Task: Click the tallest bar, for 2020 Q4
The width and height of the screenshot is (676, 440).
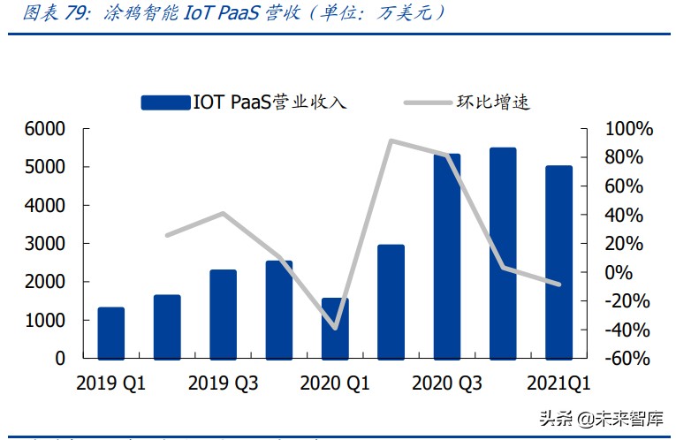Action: pos(502,254)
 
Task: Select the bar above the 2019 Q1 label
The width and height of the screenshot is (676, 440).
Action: pos(110,333)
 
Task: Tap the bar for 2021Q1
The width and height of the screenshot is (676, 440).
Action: pos(558,262)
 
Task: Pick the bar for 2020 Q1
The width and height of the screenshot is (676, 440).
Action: pos(335,329)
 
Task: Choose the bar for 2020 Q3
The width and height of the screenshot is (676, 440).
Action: pos(447,256)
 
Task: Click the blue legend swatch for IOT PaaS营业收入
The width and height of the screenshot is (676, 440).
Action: pos(164,102)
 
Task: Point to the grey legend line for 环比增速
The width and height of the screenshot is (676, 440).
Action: pos(429,102)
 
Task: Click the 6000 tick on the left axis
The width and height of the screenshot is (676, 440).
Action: pos(44,129)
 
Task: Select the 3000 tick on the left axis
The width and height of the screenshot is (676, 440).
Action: pos(44,244)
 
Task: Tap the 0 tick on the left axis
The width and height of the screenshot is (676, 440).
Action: pos(59,359)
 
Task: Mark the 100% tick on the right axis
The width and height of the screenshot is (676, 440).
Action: pos(628,129)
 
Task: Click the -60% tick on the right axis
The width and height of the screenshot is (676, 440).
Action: pos(628,359)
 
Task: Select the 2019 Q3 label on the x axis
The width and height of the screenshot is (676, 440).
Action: pos(223,383)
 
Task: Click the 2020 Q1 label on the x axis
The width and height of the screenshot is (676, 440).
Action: pos(335,383)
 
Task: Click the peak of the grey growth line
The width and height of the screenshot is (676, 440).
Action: pos(391,140)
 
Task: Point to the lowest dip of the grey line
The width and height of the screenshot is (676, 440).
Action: pos(335,329)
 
